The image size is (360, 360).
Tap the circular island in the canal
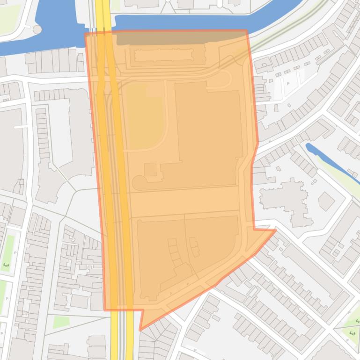tap(37, 29)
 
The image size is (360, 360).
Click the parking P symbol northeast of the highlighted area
tap(287, 85)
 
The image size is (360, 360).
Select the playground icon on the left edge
tap(6, 265)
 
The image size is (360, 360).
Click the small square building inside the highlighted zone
tap(150, 170)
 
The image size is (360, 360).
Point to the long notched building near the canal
tap(163, 56)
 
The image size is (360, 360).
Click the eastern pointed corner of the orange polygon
tap(276, 230)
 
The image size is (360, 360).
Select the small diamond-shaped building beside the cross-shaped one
tap(326, 201)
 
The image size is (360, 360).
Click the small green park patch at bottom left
tap(61, 322)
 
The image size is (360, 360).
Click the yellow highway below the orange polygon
tap(114, 337)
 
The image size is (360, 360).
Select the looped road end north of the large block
tap(224, 79)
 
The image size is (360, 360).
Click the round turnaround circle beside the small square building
tap(139, 183)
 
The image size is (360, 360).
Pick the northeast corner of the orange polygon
tap(246, 30)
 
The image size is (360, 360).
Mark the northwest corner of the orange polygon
tap(85, 34)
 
